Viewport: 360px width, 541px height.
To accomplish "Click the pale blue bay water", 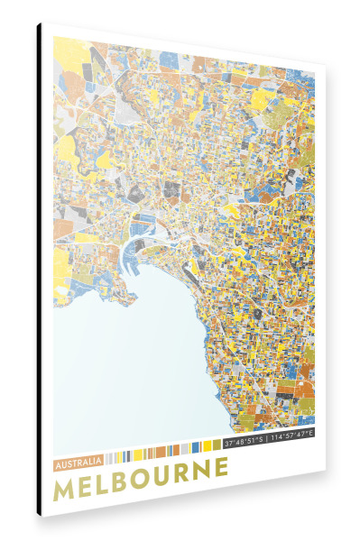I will [126, 361].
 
